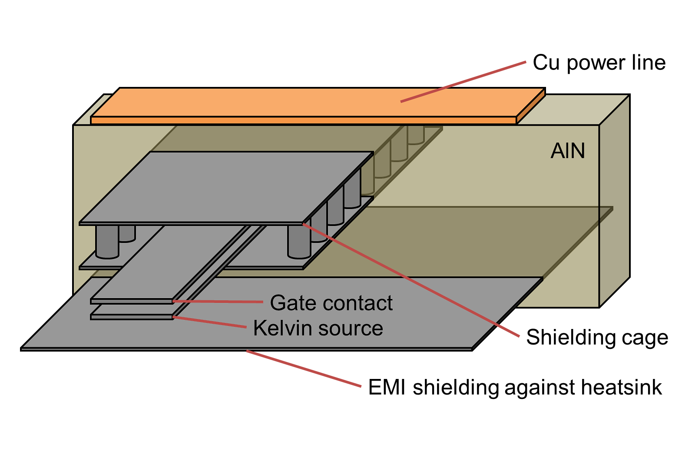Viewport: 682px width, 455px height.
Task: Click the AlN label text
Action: tap(567, 151)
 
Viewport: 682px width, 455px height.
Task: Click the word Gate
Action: tap(290, 303)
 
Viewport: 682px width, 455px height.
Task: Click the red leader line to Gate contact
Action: tap(217, 301)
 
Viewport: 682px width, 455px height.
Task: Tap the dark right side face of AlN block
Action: tap(614, 200)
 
